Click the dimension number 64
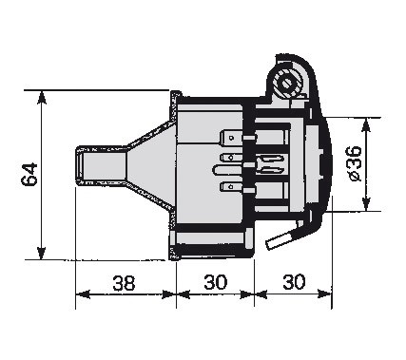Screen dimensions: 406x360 pyautogui.click(x=29, y=175)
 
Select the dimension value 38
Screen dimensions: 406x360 pyautogui.click(x=124, y=282)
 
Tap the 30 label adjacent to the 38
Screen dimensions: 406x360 pyautogui.click(x=216, y=282)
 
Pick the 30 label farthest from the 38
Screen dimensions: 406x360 pyautogui.click(x=294, y=281)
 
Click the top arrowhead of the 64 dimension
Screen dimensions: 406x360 pyautogui.click(x=42, y=97)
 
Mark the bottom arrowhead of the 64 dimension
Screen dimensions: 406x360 pyautogui.click(x=41, y=254)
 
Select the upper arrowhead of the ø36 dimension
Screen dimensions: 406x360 pyautogui.click(x=366, y=124)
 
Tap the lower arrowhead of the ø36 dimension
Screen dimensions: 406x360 pyautogui.click(x=366, y=204)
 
